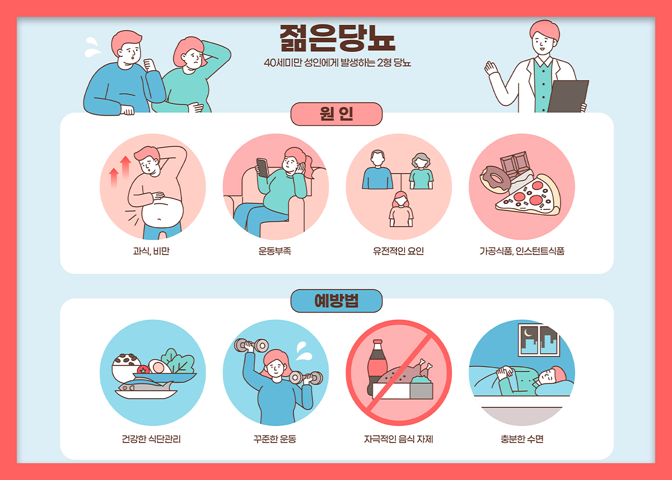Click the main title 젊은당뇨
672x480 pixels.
[x=338, y=38]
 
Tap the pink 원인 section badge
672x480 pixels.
[x=337, y=114]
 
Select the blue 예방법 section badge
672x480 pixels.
[x=337, y=301]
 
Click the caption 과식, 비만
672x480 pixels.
[x=152, y=251]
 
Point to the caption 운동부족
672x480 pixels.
[x=275, y=251]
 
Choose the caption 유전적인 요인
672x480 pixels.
[x=398, y=251]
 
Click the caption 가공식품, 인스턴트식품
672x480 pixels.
[x=522, y=251]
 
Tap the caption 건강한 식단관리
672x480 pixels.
[x=151, y=439]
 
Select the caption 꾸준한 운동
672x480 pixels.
[x=275, y=439]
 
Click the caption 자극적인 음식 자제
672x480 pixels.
[x=398, y=439]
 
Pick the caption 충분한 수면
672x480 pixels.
[x=522, y=439]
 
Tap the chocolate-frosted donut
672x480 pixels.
[x=494, y=179]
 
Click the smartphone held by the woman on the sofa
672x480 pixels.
[x=263, y=168]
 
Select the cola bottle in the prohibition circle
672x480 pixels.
[x=377, y=367]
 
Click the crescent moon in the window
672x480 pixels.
[x=528, y=333]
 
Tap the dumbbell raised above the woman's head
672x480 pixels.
[x=251, y=345]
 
